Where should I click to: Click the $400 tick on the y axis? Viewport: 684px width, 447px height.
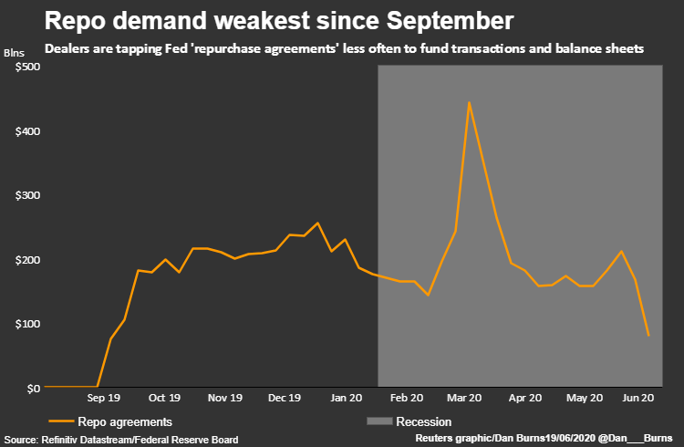coord(26,131)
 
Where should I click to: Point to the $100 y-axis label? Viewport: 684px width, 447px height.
coord(26,324)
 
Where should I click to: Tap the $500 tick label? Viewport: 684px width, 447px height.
coord(26,68)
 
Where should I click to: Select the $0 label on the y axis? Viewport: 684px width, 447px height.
coord(33,388)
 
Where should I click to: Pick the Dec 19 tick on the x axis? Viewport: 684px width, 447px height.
coord(284,399)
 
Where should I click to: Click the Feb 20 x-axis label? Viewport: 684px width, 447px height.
coord(407,399)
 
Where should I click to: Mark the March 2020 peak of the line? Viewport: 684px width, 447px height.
coord(469,102)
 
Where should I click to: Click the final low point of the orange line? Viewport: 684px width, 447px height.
coord(648,336)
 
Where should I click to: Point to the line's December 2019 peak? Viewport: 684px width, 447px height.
coord(317,223)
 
